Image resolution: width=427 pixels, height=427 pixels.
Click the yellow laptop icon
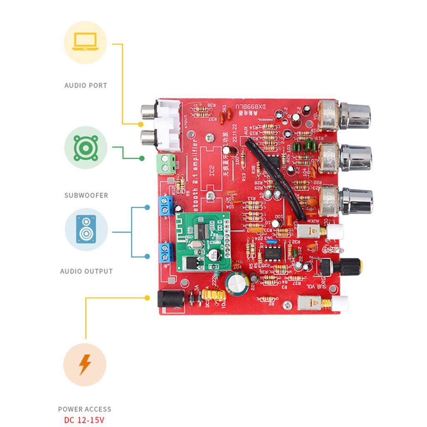point(85,42)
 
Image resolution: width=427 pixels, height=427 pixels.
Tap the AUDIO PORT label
point(85,85)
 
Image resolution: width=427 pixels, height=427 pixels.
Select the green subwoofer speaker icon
point(85,147)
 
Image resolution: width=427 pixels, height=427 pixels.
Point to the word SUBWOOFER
point(86,195)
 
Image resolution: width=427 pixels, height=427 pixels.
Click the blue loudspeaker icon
point(86,229)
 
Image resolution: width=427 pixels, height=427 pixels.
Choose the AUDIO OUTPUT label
point(86,271)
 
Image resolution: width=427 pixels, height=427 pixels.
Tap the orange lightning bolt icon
point(85,365)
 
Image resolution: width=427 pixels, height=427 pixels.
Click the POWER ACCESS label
point(85,409)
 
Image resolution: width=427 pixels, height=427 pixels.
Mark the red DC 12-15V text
point(85,419)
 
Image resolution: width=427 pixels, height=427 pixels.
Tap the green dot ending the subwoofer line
point(142,158)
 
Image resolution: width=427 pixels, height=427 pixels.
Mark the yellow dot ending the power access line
point(147,298)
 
